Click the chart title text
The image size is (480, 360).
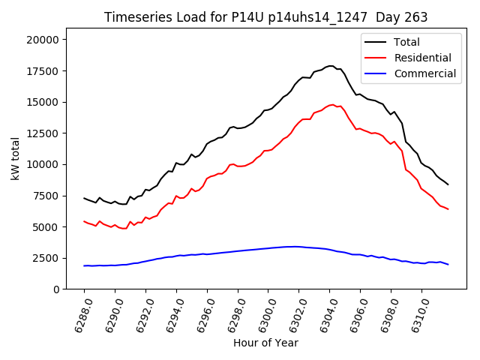(265, 17)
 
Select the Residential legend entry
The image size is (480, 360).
(422, 58)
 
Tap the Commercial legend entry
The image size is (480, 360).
(424, 73)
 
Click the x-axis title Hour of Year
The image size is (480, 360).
(265, 343)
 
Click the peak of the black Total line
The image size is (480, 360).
(331, 66)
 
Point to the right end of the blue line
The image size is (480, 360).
(448, 264)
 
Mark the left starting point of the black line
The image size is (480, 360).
(84, 198)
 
